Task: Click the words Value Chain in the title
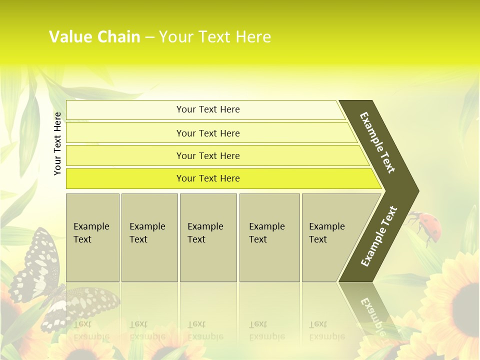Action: point(94,37)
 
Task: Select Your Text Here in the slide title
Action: point(215,37)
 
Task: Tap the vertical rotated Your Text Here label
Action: point(57,143)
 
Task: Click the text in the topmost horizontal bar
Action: point(208,109)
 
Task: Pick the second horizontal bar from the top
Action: point(208,133)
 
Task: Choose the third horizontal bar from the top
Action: point(208,156)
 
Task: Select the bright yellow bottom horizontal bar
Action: point(208,178)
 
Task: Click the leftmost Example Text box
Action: point(92,237)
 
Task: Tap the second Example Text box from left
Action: point(149,237)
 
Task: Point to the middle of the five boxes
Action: point(208,237)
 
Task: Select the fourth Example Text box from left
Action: point(269,237)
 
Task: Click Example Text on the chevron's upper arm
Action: point(377,142)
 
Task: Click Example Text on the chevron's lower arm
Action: point(379,236)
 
